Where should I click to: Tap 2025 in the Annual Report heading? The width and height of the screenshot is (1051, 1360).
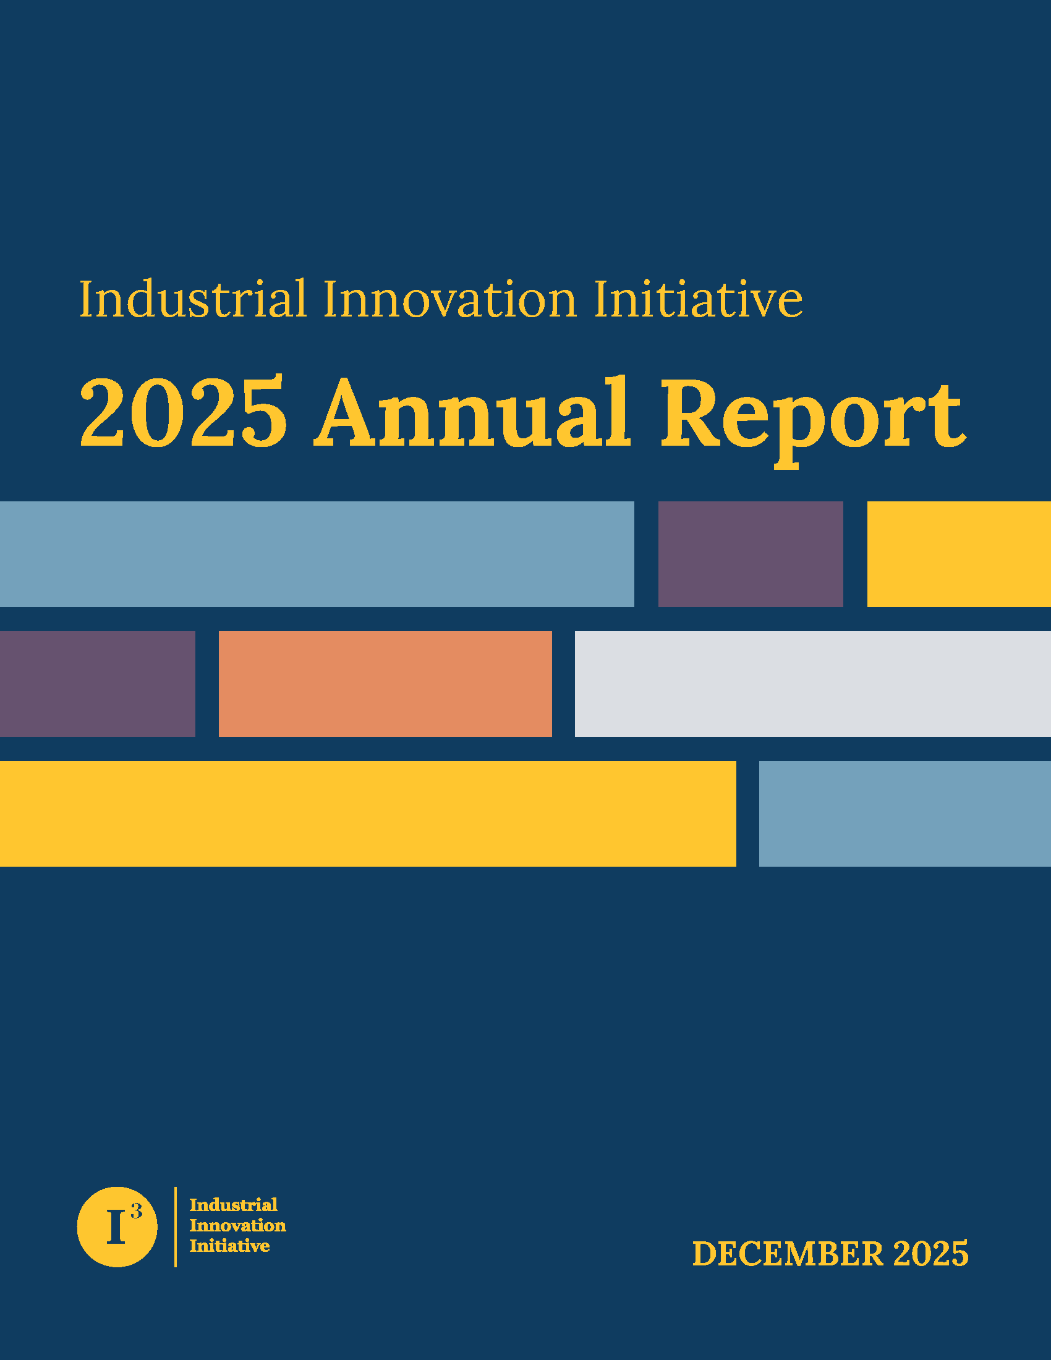[x=184, y=412]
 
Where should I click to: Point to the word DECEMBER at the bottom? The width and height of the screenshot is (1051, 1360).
[x=788, y=1254]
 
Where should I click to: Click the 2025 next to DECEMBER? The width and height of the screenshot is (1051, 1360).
[x=931, y=1254]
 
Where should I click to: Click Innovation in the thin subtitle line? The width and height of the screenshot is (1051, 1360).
[x=450, y=300]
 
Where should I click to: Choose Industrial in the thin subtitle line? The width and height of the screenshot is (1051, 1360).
[x=193, y=300]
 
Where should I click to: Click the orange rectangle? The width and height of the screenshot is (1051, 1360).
[x=385, y=684]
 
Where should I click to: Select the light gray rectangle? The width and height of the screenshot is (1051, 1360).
[x=812, y=684]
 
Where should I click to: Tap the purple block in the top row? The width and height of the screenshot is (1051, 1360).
[x=751, y=555]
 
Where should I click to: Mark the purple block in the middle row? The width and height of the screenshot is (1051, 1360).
[x=98, y=684]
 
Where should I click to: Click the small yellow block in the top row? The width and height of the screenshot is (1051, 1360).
[x=959, y=555]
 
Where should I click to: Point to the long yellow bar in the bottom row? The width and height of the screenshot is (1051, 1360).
[x=368, y=814]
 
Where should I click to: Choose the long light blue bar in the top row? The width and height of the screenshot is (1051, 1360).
[x=317, y=555]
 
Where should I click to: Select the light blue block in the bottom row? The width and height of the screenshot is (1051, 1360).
[x=904, y=814]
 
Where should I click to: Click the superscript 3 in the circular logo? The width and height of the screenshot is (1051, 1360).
[x=137, y=1211]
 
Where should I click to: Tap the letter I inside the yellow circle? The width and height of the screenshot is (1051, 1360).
[x=116, y=1226]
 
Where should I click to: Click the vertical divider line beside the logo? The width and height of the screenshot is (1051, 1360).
[x=176, y=1226]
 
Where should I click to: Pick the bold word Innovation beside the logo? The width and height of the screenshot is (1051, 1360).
[x=238, y=1225]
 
